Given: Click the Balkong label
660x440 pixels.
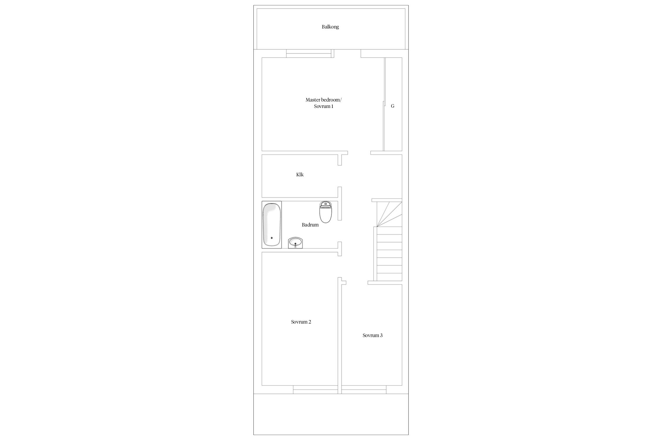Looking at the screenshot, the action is point(330,27).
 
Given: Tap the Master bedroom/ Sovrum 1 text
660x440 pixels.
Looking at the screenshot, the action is point(324,103).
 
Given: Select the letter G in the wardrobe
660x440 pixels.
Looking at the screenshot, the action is point(392,106).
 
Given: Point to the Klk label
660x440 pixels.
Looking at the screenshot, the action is point(300,175).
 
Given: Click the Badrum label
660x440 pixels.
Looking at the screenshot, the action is point(310,225).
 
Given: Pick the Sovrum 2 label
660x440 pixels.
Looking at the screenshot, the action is point(301,322).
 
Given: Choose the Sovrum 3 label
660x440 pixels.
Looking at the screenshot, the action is point(373,335).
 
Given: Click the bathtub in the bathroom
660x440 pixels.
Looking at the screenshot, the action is point(272,225).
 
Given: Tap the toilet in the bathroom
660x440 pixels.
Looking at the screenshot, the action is point(325,212).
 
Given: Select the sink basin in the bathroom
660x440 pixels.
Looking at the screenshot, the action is point(296,243).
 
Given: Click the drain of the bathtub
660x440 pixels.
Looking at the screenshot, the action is point(271,238).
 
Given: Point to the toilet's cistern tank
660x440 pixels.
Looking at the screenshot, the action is point(325,204).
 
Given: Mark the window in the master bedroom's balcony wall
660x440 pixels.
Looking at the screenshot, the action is point(310,53).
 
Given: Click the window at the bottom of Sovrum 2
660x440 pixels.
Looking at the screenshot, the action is point(315,390).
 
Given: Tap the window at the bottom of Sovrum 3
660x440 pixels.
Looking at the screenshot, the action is point(364,390).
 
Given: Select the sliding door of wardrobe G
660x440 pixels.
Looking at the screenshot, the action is point(384,104).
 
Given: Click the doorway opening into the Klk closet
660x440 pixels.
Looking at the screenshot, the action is point(340,176).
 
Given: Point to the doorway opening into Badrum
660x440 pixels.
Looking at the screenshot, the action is point(340,231).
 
